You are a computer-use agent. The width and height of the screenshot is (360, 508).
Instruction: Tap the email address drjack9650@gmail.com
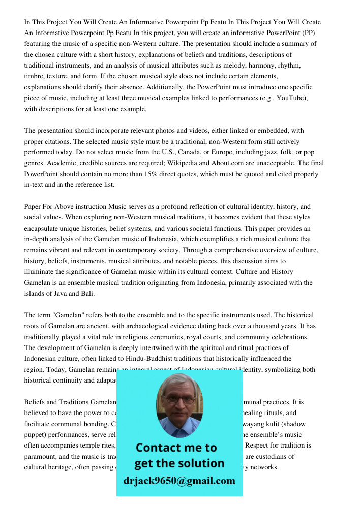179,481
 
